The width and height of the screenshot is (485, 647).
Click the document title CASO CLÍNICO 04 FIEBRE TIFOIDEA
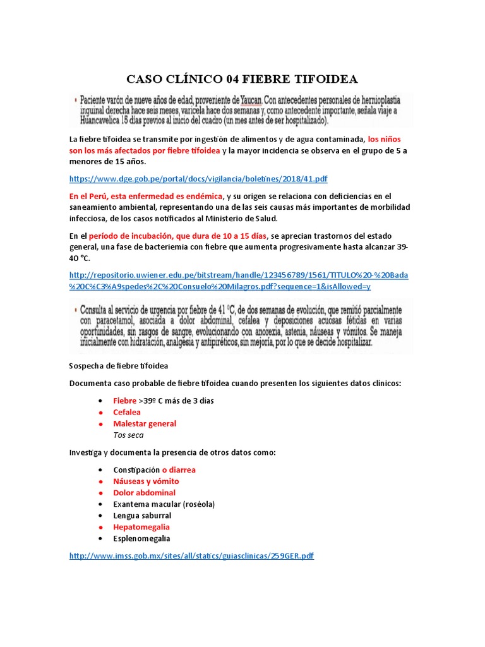click(x=242, y=79)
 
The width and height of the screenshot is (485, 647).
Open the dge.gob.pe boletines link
click(x=198, y=179)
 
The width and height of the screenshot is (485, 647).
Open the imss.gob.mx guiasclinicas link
click(x=191, y=555)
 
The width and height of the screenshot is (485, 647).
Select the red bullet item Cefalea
click(x=127, y=412)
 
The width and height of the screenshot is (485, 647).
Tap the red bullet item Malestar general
click(x=145, y=423)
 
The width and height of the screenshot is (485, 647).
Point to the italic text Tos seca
click(x=128, y=435)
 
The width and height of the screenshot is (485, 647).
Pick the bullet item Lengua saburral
click(x=142, y=516)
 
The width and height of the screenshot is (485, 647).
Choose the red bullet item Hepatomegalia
click(x=141, y=527)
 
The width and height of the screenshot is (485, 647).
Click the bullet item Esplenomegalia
click(x=141, y=538)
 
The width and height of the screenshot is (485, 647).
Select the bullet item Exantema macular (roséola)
click(x=164, y=504)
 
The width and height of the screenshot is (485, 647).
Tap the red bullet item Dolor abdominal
click(x=144, y=493)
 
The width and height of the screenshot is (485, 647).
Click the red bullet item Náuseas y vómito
click(x=146, y=481)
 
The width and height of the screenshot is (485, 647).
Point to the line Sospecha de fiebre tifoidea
click(x=118, y=366)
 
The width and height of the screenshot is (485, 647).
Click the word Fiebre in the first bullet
click(x=124, y=401)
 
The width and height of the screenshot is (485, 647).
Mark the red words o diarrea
click(x=179, y=470)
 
